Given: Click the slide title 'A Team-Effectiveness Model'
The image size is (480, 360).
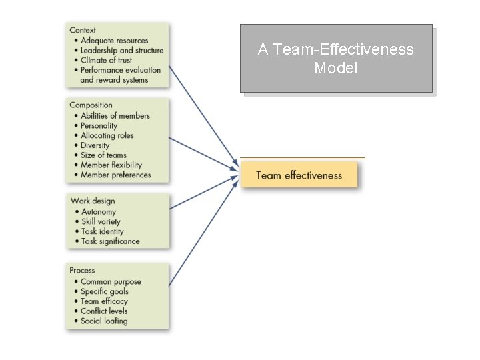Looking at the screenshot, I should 336,59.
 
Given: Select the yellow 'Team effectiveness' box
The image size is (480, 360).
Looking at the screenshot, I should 299,175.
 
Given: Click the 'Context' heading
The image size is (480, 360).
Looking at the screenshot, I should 83,30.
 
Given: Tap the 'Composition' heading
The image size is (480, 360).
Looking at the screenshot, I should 91,105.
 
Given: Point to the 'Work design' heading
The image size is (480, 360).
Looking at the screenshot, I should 93,201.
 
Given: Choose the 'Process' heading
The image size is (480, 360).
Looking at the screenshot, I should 82,270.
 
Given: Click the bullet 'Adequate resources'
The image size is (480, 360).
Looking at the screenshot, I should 114,41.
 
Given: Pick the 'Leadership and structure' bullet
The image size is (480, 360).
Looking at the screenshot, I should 121,50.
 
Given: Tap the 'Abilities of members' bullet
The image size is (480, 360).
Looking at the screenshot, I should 115,115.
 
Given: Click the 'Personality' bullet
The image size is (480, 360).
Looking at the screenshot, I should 99,125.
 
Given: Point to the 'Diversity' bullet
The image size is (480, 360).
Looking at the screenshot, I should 95,145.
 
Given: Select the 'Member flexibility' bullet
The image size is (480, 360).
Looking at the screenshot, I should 111,165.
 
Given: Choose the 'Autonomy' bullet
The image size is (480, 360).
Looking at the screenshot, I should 98,211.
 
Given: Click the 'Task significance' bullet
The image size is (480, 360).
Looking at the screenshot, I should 110,241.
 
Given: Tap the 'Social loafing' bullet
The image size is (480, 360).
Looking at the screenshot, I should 103,321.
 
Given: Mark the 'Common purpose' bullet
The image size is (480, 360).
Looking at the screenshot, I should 110,281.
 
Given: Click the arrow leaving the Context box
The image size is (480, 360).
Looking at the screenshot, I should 203,113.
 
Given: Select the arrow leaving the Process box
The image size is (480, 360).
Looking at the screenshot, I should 203,233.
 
